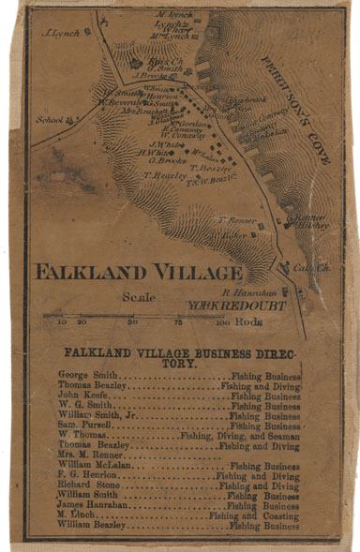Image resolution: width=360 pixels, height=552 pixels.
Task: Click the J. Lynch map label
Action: tap(61, 31)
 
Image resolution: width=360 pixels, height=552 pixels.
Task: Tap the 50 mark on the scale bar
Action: tap(132, 322)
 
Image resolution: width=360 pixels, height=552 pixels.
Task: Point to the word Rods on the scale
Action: tap(250, 322)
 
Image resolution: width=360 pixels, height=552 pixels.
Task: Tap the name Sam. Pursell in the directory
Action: tap(81, 425)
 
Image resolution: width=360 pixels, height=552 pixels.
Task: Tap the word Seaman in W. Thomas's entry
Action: tap(281, 436)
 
